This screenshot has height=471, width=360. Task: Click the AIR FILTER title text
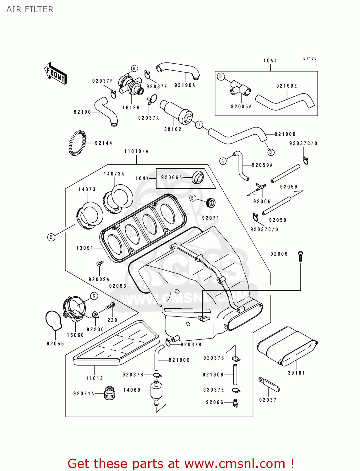30,9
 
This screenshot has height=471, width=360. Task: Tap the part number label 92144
103,143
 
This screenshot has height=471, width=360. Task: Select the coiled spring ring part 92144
77,143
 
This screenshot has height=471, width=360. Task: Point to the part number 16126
131,107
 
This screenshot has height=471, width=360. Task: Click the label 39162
173,129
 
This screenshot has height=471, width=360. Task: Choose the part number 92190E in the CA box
286,86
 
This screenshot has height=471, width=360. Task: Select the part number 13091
85,248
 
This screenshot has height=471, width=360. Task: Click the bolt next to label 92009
300,256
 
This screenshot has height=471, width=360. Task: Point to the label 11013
94,378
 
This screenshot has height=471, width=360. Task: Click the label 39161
296,373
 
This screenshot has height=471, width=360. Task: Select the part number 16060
75,335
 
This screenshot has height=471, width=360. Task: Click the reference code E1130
310,58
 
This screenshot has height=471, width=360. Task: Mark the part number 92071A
84,394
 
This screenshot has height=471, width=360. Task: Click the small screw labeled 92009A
100,263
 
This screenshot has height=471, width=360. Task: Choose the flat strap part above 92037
269,385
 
